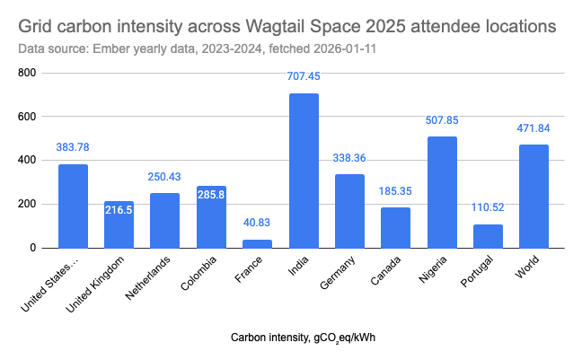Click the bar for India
[304, 171]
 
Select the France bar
[257, 243]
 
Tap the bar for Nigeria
[442, 192]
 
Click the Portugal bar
[489, 236]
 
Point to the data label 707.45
[304, 76]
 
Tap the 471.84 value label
[534, 128]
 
